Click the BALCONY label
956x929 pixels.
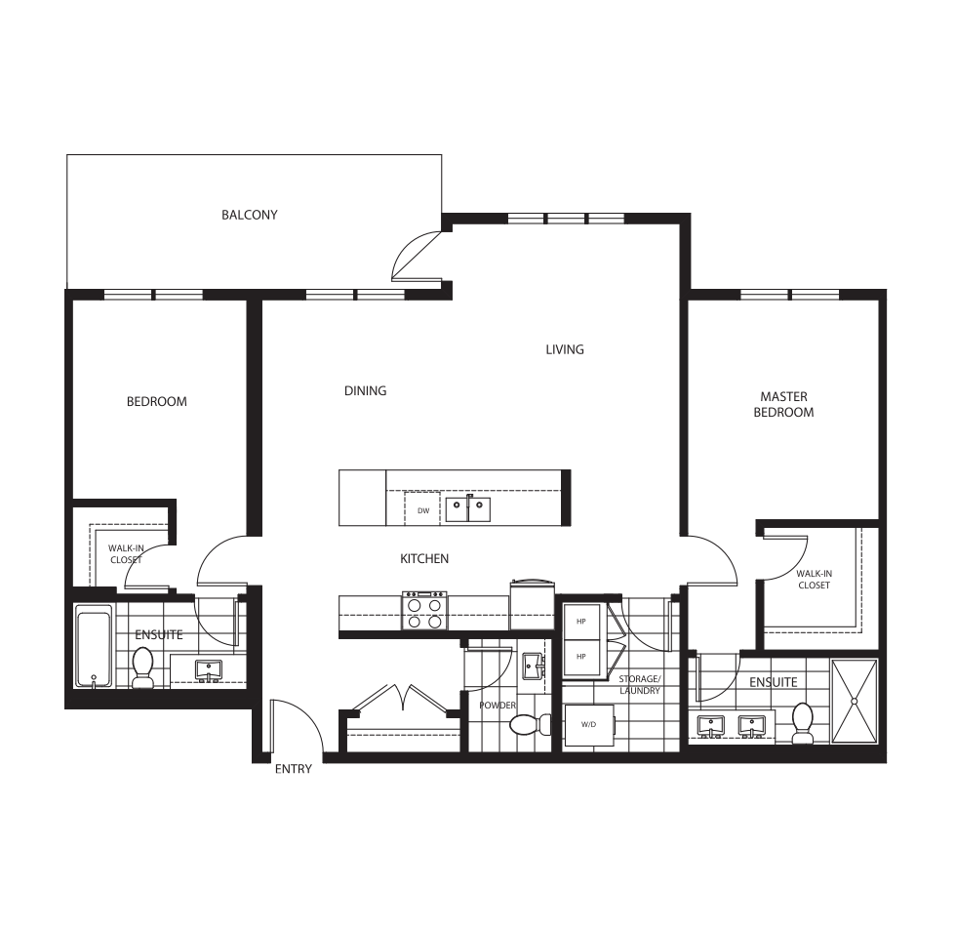click(249, 215)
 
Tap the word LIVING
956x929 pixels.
click(565, 349)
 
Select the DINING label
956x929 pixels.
click(365, 390)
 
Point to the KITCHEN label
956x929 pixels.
click(424, 559)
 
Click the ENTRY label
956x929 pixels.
click(293, 769)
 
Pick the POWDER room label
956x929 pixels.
click(497, 706)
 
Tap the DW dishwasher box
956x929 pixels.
click(423, 509)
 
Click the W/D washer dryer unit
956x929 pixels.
click(588, 725)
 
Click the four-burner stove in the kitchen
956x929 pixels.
click(424, 611)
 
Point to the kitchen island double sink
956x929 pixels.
click(468, 509)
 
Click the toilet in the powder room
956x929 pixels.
click(527, 725)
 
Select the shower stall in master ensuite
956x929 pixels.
click(854, 701)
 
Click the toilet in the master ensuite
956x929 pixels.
click(803, 723)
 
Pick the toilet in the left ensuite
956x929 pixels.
click(143, 666)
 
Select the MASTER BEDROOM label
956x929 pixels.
click(786, 404)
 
